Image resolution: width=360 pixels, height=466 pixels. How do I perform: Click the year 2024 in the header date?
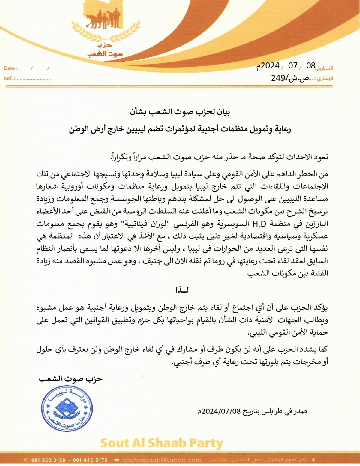click(x=270, y=66)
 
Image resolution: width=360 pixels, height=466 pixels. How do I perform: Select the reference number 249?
click(x=279, y=78)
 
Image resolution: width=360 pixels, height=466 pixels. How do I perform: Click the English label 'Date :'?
click(x=11, y=68)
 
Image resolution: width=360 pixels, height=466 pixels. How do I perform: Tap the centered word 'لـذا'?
click(x=182, y=290)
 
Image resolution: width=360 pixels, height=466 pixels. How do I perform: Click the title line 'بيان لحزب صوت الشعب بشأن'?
click(x=180, y=112)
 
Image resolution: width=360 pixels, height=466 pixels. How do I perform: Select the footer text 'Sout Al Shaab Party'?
click(x=162, y=443)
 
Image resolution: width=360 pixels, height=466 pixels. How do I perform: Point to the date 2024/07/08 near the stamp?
click(x=221, y=411)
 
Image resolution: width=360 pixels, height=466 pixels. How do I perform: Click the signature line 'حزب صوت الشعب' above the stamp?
click(x=71, y=379)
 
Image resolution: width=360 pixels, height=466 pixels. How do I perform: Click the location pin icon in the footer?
click(x=314, y=460)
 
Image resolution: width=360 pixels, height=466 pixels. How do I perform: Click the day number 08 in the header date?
click(x=311, y=66)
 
